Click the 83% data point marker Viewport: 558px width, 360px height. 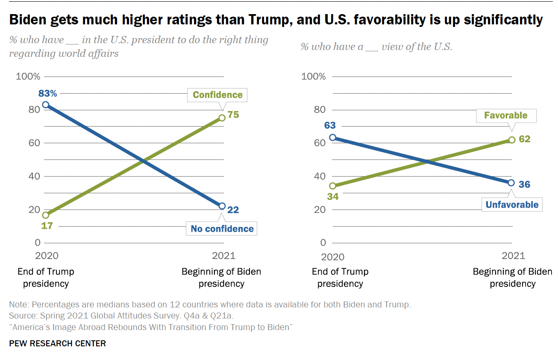pyautogui.click(x=46, y=105)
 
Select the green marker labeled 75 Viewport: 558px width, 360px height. pyautogui.click(x=222, y=118)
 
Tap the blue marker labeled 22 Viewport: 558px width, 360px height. pyautogui.click(x=222, y=206)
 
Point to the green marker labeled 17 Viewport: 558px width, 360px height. pyautogui.click(x=46, y=215)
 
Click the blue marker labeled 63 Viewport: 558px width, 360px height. pyautogui.click(x=333, y=138)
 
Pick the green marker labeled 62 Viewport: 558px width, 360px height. pyautogui.click(x=512, y=140)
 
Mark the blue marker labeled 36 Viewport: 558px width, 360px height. pyautogui.click(x=512, y=183)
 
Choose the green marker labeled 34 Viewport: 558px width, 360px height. pyautogui.click(x=333, y=186)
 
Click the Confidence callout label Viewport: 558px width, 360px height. pyautogui.click(x=217, y=95)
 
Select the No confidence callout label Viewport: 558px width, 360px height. pyautogui.click(x=222, y=229)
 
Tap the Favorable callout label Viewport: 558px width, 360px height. pyautogui.click(x=505, y=115)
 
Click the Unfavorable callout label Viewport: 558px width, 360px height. pyautogui.click(x=512, y=205)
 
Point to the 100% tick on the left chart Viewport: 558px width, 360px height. pyautogui.click(x=28, y=77)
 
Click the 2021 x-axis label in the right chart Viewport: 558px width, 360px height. pyautogui.click(x=513, y=256)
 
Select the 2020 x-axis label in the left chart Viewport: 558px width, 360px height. pyautogui.click(x=46, y=256)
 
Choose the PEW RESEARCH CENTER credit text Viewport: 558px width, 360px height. pyautogui.click(x=57, y=343)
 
